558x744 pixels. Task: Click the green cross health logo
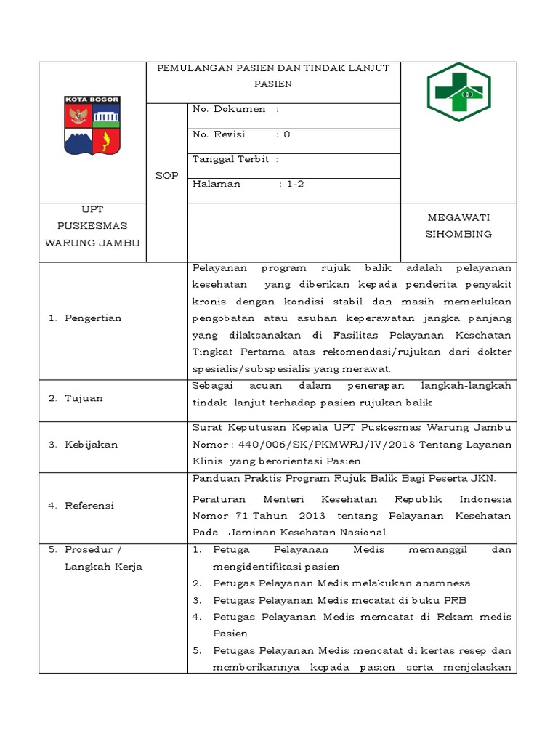pyautogui.click(x=458, y=92)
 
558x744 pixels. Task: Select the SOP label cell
pyautogui.click(x=166, y=176)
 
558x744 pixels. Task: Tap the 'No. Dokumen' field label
pyautogui.click(x=229, y=109)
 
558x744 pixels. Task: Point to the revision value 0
pyautogui.click(x=287, y=134)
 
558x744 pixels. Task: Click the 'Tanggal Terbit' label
pyautogui.click(x=230, y=159)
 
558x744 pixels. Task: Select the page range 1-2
pyautogui.click(x=295, y=184)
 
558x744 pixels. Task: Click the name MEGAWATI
pyautogui.click(x=458, y=217)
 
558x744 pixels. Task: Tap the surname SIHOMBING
pyautogui.click(x=458, y=234)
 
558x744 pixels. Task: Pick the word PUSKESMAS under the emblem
pyautogui.click(x=92, y=226)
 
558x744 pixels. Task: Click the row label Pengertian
pyautogui.click(x=93, y=318)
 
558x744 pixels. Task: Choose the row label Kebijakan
pyautogui.click(x=91, y=445)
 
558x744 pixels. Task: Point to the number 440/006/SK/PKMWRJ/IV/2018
pyautogui.click(x=297, y=445)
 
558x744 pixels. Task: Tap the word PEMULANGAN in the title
pyautogui.click(x=191, y=68)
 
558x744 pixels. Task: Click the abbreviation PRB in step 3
pyautogui.click(x=455, y=600)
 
